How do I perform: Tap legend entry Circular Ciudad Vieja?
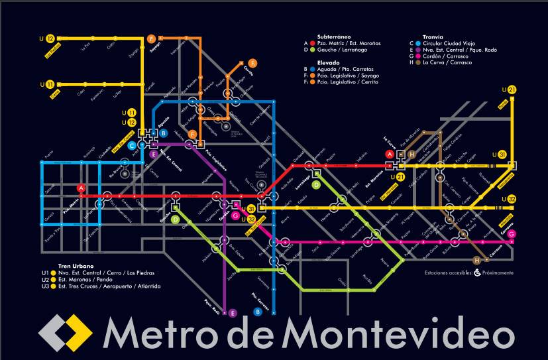[449, 42]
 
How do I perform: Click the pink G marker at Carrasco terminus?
[512, 234]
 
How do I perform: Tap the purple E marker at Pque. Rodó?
[233, 313]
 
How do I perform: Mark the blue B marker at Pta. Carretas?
[258, 312]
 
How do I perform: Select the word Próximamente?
[498, 272]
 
